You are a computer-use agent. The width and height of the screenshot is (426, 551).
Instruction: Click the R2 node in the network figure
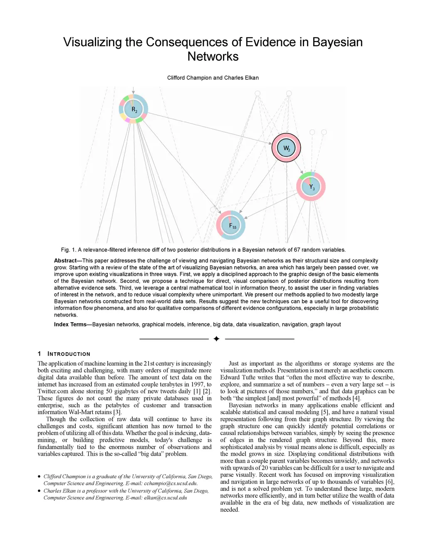click(134, 109)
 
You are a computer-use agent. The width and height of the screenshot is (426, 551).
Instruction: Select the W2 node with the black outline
click(286, 148)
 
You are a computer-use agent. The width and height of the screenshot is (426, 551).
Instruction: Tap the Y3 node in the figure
click(311, 187)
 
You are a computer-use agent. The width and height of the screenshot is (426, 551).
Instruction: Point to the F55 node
click(231, 225)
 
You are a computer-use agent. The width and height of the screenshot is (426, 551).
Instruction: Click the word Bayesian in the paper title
click(337, 42)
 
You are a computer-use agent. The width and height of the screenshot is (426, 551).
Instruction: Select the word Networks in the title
click(213, 57)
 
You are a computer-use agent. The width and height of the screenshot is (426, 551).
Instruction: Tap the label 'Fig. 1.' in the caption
click(69, 250)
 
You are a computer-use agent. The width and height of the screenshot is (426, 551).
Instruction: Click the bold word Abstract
click(65, 261)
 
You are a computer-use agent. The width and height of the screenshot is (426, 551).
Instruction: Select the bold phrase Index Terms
click(70, 324)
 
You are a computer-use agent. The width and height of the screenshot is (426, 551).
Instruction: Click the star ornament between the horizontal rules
click(216, 339)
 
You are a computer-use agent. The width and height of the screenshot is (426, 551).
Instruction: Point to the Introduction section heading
click(69, 354)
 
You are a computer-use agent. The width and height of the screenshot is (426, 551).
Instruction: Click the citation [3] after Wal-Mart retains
click(117, 412)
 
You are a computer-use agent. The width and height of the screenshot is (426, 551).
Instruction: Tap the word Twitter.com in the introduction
click(53, 391)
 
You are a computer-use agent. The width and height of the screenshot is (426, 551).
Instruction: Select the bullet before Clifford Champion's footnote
click(39, 477)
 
